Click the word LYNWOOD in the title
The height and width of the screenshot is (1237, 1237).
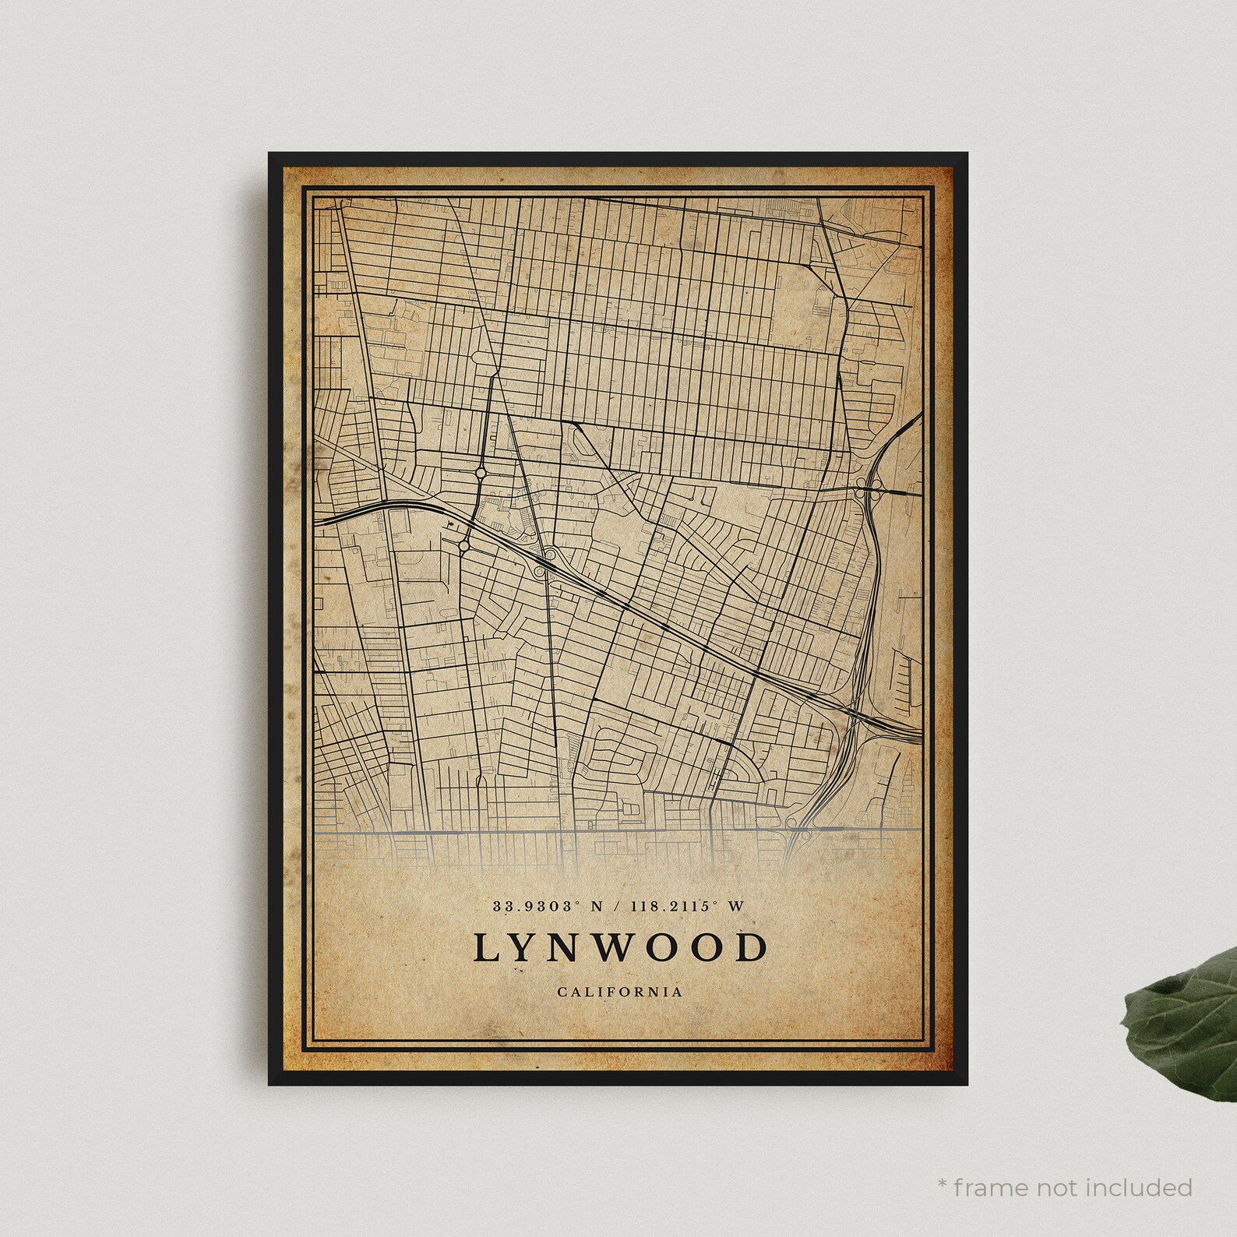coord(618,948)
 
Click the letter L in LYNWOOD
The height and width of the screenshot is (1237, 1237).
coord(483,948)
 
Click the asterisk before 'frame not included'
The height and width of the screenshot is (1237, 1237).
coord(943,1184)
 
